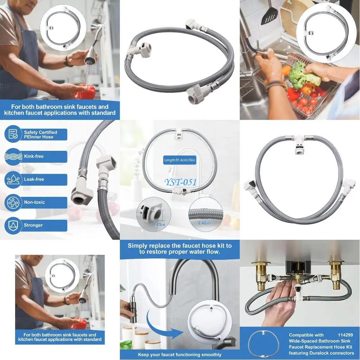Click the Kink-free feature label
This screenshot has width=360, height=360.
point(34,156)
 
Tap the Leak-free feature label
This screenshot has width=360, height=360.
point(34,179)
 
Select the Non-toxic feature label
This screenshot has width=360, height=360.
point(34,202)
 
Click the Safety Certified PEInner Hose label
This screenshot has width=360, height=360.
point(40,135)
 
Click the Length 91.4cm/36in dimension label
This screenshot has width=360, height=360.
point(179,160)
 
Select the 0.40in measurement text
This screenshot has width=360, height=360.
point(204,223)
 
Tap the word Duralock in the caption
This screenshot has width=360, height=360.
point(321,353)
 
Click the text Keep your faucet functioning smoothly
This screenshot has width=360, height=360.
point(180,355)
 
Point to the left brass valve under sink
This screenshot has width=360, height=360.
point(261,274)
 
